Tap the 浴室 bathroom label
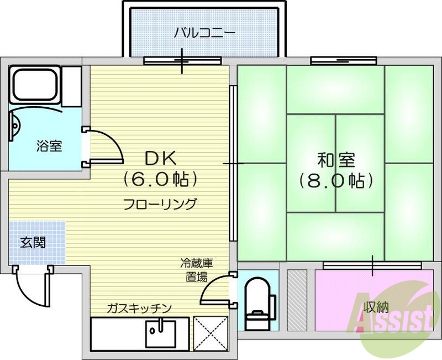pos(49,147)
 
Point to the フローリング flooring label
pos(160,204)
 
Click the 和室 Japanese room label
pos(336,160)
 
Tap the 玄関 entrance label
pos(33,242)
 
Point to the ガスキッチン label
pos(140,307)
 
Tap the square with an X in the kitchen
pos(211,333)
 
